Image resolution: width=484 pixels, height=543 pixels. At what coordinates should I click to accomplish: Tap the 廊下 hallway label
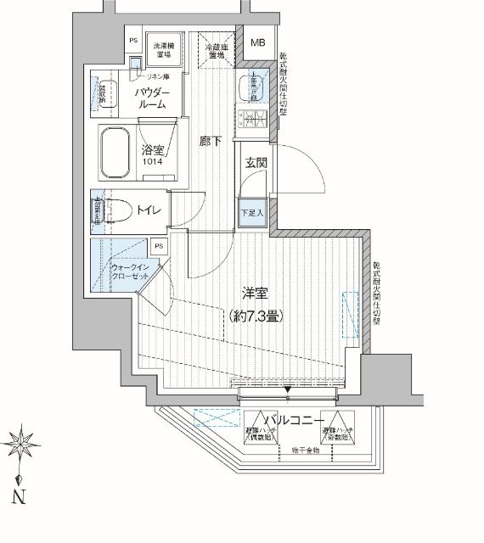coord(211,142)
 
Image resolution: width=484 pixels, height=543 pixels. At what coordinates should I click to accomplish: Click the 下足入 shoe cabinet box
coord(251,212)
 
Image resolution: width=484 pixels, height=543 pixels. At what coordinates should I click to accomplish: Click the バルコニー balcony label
coord(293,420)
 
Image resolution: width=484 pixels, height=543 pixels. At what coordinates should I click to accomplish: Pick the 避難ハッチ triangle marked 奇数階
coord(336,430)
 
